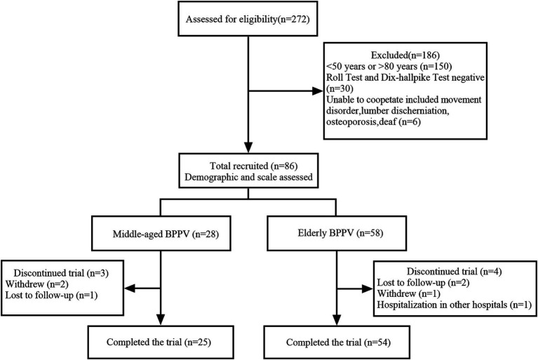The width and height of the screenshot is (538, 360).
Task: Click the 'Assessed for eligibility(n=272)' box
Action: (248, 19)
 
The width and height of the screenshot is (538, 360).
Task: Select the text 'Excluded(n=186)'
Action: (405, 55)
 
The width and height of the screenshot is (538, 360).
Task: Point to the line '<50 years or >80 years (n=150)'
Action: (389, 66)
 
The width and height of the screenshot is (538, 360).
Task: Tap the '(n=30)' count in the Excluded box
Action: (339, 88)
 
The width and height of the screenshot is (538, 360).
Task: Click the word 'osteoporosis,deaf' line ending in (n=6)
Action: (374, 121)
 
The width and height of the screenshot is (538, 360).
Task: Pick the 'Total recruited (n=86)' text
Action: (253, 166)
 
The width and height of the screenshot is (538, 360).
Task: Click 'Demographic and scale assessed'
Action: (248, 177)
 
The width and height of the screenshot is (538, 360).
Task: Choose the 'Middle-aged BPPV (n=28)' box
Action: (161, 234)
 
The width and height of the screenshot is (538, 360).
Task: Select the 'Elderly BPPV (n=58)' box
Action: (337, 234)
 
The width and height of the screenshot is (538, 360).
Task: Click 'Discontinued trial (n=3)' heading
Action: (63, 273)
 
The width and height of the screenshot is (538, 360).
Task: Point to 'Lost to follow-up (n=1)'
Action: (51, 295)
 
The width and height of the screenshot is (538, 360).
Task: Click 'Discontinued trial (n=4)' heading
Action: (455, 272)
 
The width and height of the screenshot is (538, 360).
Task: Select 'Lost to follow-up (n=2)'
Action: (423, 283)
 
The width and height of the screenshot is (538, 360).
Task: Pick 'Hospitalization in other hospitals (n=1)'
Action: (455, 305)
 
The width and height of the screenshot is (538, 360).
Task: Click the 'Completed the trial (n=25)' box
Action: (161, 342)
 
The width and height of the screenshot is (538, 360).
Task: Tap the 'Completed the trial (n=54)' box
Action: (337, 342)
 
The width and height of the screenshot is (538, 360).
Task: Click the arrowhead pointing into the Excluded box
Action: (317, 91)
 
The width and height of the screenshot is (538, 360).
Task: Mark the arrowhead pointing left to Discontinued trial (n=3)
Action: (130, 288)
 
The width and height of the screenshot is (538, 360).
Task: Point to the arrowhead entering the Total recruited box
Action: (248, 147)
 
